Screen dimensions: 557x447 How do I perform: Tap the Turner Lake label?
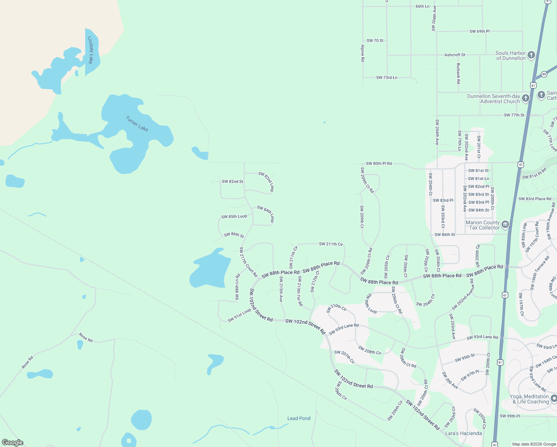coord(137,124)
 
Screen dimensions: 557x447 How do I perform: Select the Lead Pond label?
coord(299,418)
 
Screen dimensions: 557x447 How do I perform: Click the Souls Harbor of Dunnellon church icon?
coord(531,55)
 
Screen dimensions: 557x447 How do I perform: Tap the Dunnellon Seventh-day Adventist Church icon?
coord(525,98)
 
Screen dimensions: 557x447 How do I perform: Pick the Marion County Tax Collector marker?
coord(505,224)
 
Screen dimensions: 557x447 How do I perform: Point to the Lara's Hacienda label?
coord(464,433)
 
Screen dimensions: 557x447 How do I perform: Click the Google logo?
coord(13,442)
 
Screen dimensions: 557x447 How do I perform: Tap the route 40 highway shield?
coord(544,74)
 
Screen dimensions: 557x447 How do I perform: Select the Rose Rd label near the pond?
coord(86,337)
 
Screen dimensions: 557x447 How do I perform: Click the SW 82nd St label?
coord(232,182)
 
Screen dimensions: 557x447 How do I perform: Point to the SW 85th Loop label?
coord(234,216)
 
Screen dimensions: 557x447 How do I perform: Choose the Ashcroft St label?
coord(455,55)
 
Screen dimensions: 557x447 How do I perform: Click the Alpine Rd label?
coord(363,53)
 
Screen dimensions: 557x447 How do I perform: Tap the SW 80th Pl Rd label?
coord(379,164)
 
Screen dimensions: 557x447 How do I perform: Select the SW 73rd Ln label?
coord(386,77)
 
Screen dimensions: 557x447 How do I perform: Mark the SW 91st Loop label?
coord(239,315)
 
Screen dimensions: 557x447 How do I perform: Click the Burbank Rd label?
coord(458,73)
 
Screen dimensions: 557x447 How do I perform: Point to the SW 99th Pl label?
coord(510,416)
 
